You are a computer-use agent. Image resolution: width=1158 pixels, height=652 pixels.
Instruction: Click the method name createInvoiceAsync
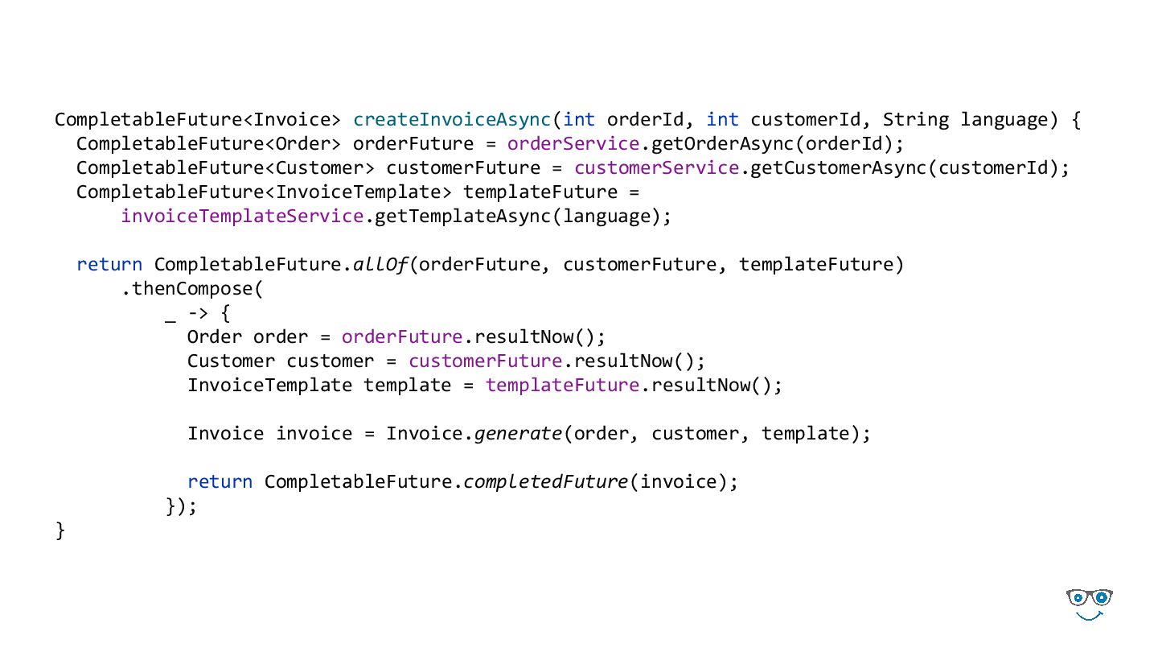tap(452, 120)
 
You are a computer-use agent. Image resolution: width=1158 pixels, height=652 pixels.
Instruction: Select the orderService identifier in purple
tap(563, 144)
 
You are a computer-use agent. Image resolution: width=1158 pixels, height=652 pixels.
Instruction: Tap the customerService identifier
tap(657, 168)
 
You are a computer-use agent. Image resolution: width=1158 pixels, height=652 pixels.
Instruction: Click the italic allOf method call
tap(381, 265)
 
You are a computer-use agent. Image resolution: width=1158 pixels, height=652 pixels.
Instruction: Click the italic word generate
tap(518, 434)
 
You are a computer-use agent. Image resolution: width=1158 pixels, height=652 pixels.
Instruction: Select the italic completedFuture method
tap(546, 482)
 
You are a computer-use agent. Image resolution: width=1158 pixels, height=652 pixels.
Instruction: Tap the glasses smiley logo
tap(1090, 604)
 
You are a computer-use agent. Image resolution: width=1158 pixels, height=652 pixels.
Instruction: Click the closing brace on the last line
tap(60, 530)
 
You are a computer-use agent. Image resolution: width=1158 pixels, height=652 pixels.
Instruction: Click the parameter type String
tap(916, 120)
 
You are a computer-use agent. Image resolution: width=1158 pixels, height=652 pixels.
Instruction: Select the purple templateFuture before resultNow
tap(562, 386)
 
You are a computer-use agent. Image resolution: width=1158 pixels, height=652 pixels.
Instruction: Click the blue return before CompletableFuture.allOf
tap(109, 265)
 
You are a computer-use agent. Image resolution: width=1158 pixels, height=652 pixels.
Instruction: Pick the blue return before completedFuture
tap(220, 482)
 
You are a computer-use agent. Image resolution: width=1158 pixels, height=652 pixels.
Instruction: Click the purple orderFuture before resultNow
tap(402, 337)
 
